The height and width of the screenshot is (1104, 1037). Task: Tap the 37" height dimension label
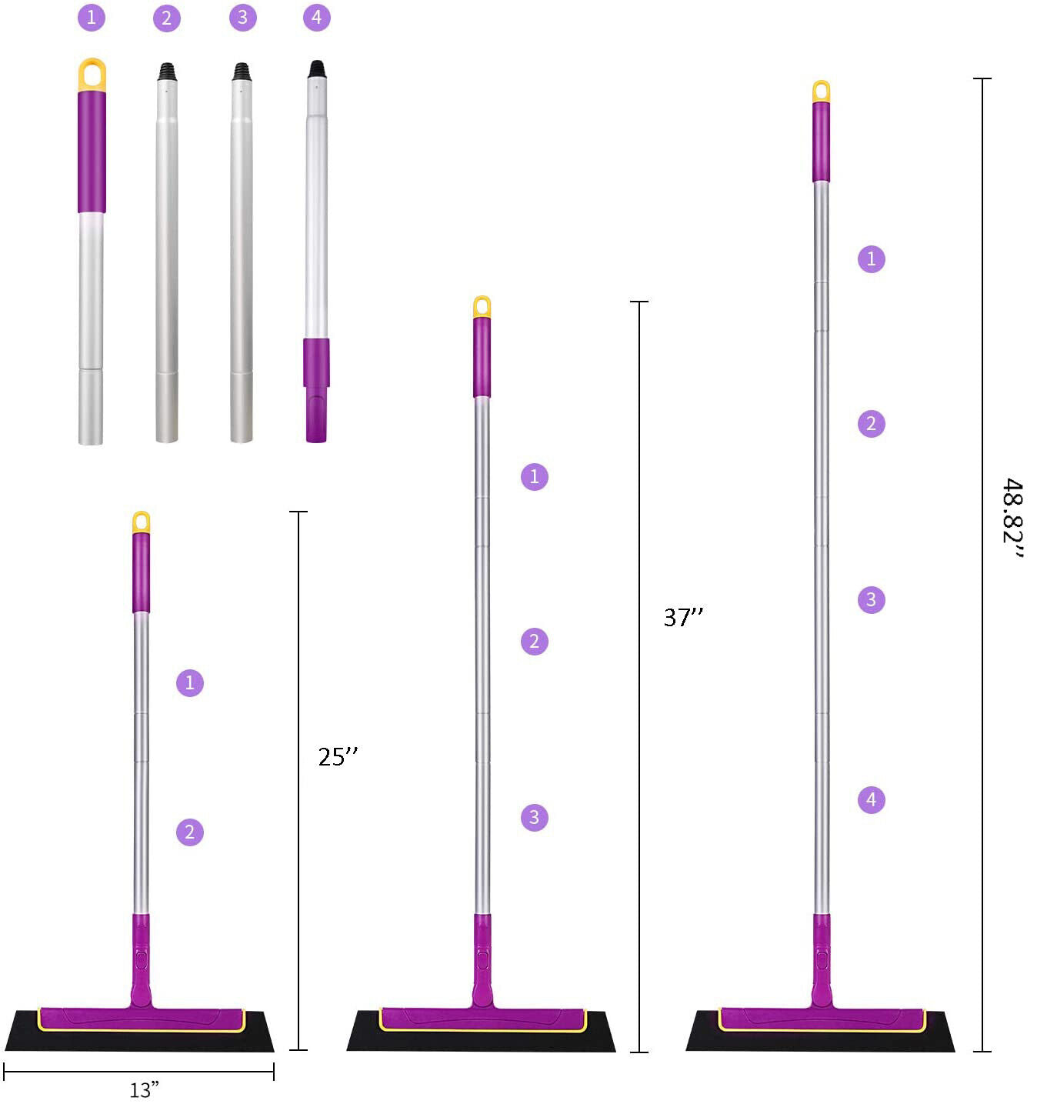tap(683, 617)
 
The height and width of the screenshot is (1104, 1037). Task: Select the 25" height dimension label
tap(338, 757)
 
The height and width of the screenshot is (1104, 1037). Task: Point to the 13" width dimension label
tap(144, 1089)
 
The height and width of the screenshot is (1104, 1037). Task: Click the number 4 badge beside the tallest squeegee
tap(871, 800)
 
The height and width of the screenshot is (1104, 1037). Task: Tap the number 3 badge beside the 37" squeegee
tap(535, 817)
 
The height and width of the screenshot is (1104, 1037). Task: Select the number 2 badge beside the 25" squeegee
tap(190, 832)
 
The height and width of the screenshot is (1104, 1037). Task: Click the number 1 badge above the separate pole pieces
tap(92, 18)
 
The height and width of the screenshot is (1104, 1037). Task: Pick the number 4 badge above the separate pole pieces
tap(317, 18)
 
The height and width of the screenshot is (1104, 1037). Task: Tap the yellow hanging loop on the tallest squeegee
tap(822, 91)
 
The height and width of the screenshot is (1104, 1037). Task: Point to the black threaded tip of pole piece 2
tap(167, 72)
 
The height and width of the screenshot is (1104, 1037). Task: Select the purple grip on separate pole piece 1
tap(92, 151)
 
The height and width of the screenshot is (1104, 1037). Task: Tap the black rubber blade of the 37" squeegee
tap(481, 1039)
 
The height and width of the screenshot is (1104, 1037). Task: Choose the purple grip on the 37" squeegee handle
tap(482, 357)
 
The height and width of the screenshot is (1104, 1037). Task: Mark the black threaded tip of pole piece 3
tap(242, 72)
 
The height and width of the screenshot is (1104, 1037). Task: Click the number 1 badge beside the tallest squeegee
tap(871, 258)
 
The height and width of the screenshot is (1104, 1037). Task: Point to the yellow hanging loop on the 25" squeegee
tap(141, 522)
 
